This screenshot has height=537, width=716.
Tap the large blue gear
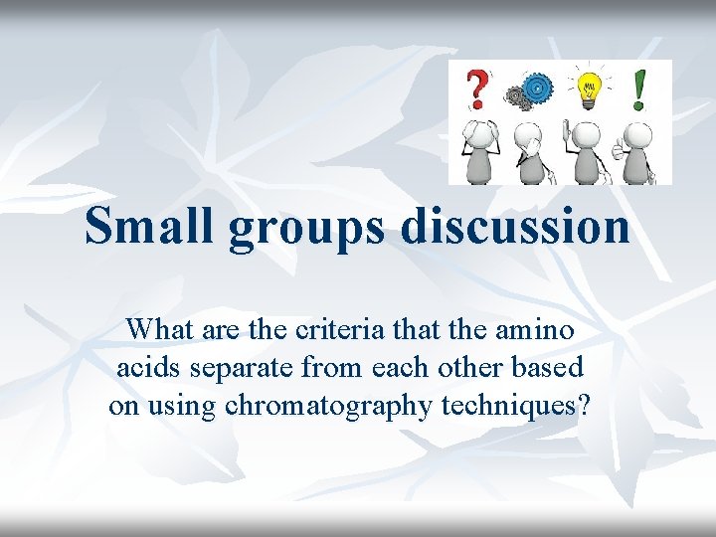pos(536,89)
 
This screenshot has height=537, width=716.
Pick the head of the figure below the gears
pos(534,136)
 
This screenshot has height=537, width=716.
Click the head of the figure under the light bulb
pos(587,136)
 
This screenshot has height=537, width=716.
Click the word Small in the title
pos(150,226)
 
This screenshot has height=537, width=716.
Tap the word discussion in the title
pos(515,226)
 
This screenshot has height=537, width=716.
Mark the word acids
pos(145,367)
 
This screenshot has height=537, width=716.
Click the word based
pos(548,367)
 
